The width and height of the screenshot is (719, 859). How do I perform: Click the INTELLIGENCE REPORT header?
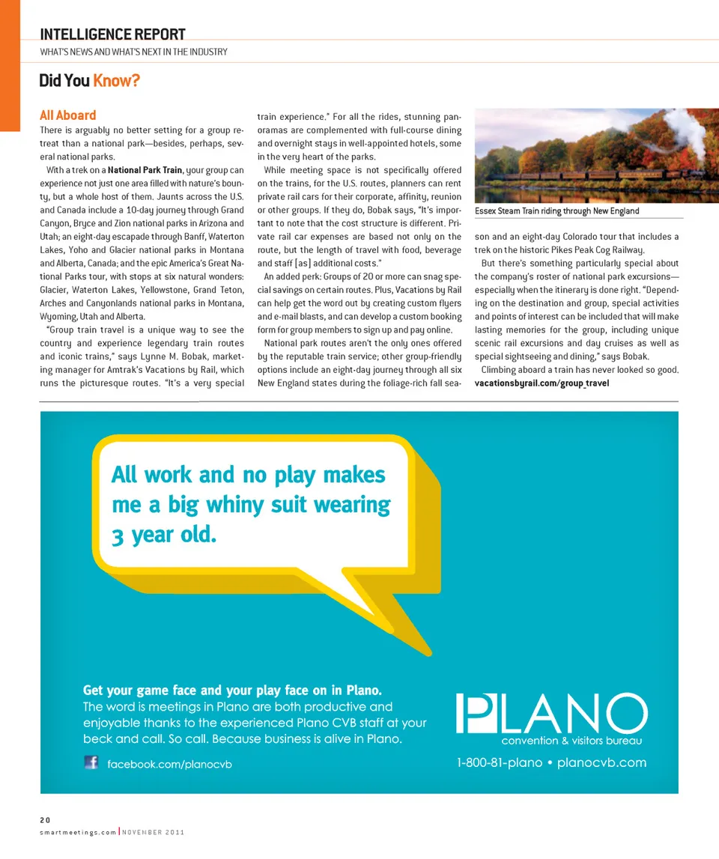coord(112,34)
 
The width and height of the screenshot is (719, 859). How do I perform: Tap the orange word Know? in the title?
coord(117,79)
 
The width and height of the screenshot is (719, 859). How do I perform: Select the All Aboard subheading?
coord(68,115)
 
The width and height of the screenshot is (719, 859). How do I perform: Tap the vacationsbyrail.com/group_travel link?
coord(541,383)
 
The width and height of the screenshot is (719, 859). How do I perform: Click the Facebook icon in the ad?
coord(91,762)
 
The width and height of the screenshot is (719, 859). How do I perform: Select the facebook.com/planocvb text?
coord(170,764)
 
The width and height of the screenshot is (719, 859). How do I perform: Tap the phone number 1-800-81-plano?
coord(499,762)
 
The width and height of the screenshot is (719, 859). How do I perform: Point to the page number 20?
coord(44,818)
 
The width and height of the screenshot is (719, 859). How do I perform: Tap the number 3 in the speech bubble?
coord(118,536)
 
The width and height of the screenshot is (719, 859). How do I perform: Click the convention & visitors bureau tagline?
coord(573,741)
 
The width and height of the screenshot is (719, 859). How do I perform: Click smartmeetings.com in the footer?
coord(77,831)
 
